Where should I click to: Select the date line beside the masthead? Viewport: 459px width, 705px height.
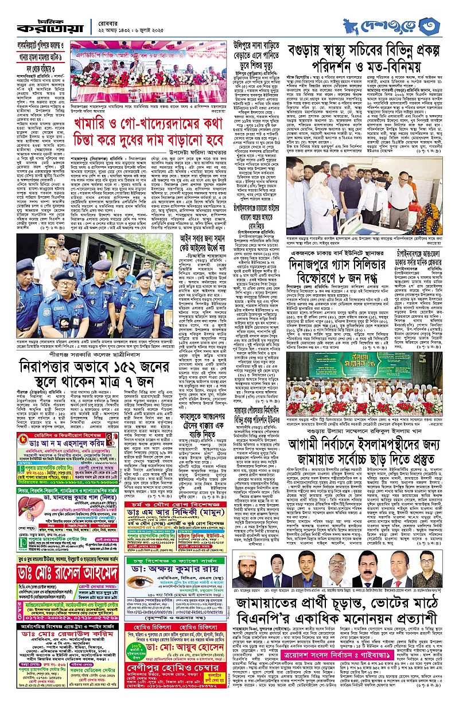pos(131,25)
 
